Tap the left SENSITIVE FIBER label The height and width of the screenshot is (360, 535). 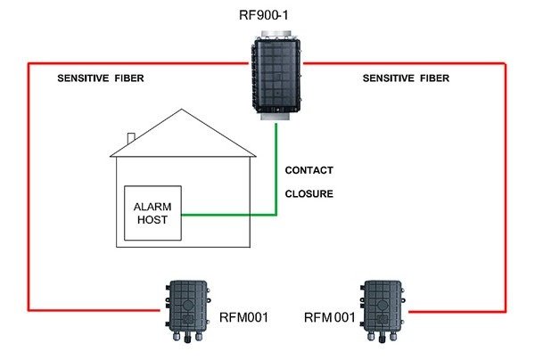(100, 78)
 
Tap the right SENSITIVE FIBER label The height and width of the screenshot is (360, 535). (406, 78)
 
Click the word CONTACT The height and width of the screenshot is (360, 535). (309, 169)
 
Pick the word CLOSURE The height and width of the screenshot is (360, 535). (309, 192)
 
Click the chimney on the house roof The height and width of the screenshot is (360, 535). (131, 139)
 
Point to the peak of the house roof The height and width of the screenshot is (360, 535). (183, 110)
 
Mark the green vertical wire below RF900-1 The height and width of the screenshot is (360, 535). (277, 169)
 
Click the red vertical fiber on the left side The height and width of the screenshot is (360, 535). (29, 187)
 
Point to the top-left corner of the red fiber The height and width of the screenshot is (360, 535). (29, 63)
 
